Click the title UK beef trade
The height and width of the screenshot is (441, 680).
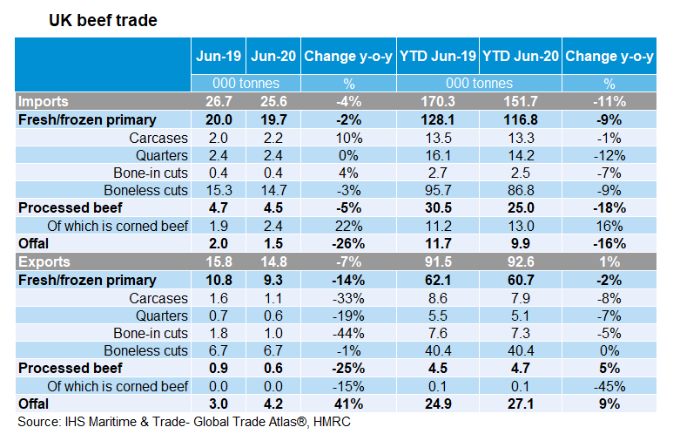[x=103, y=20]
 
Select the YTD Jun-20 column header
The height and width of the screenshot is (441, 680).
[x=521, y=58]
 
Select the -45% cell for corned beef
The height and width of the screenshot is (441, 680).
[x=609, y=387]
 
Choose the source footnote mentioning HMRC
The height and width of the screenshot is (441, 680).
[x=184, y=423]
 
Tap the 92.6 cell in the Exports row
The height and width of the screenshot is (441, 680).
[x=521, y=261]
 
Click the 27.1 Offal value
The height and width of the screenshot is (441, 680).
[x=521, y=404]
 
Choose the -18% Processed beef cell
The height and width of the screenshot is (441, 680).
[x=609, y=209]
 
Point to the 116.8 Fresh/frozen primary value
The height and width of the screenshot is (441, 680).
[x=521, y=119]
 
